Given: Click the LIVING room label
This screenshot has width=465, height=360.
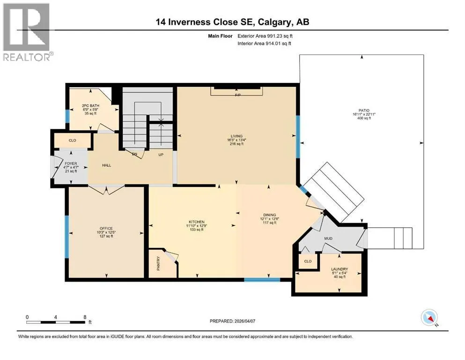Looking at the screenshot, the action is click(236, 136).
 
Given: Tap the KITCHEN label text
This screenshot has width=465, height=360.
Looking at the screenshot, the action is click(197, 222).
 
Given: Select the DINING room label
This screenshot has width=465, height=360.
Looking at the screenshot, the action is click(270, 215).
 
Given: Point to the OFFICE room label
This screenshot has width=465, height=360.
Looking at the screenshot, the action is click(106, 229).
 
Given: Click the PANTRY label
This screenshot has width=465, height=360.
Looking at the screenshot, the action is click(158, 263).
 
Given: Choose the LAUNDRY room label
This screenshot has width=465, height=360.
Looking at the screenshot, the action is click(340, 269).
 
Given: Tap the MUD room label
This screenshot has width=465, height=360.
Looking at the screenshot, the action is click(328, 238).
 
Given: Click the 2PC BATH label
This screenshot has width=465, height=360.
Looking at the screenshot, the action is click(91, 105).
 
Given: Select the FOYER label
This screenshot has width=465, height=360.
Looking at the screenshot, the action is click(71, 164).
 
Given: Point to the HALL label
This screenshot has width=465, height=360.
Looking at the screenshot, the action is click(106, 165).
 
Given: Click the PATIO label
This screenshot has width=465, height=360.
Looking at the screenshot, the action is click(364, 111).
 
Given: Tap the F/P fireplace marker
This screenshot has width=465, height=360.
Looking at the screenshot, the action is click(238, 95).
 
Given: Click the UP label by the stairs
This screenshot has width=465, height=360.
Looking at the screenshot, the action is click(161, 155).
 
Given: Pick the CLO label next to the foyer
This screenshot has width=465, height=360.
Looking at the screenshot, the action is click(73, 140).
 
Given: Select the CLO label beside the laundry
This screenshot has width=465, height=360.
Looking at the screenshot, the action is click(308, 261).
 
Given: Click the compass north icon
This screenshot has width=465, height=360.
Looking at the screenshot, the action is click(429, 317).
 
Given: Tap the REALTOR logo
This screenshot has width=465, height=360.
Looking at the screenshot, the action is click(27, 32).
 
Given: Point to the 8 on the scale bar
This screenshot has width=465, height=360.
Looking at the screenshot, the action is click(85, 317).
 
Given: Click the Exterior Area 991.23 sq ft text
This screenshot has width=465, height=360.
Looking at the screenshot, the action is click(265, 36).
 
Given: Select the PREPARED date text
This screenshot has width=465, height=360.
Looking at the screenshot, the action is click(232, 321).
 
